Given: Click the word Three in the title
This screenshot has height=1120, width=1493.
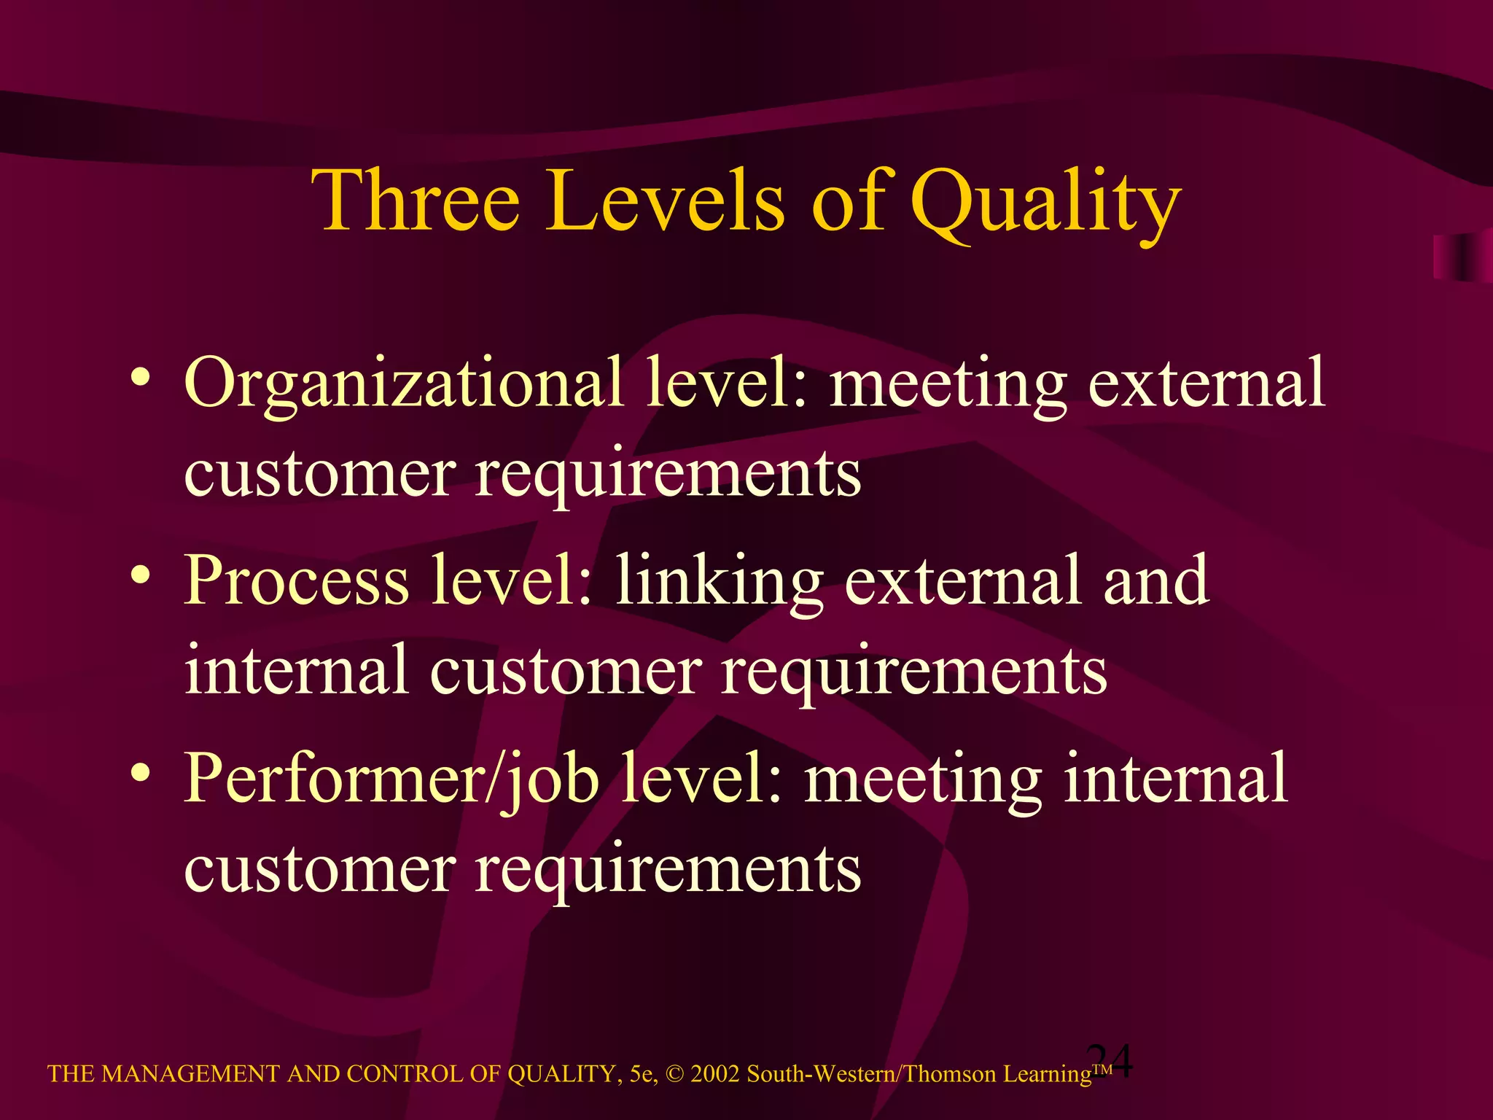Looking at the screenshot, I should [x=416, y=200].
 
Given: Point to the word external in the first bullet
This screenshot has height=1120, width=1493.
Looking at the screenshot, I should [x=1207, y=384].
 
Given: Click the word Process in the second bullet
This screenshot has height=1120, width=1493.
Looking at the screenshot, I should [x=296, y=580].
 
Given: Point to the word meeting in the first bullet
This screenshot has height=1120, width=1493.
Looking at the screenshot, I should [x=948, y=386].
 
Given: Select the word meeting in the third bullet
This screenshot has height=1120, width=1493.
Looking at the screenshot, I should [x=923, y=782].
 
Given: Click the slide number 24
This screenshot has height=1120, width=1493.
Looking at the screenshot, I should [x=1110, y=1061].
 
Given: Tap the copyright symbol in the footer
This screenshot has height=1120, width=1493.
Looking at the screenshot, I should [x=674, y=1074].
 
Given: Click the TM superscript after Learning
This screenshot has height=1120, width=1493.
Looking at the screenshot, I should [x=1102, y=1069].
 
